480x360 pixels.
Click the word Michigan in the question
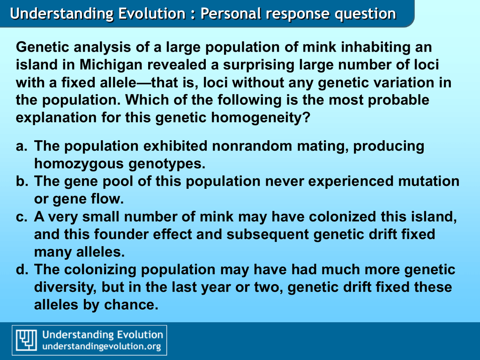coord(111,65)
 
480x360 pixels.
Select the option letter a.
coord(21,146)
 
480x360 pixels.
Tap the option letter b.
coord(22,181)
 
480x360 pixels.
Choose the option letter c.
coord(22,217)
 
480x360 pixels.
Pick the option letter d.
coord(22,270)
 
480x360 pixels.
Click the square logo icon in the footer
coord(27,340)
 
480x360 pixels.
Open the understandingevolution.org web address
coord(102,346)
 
